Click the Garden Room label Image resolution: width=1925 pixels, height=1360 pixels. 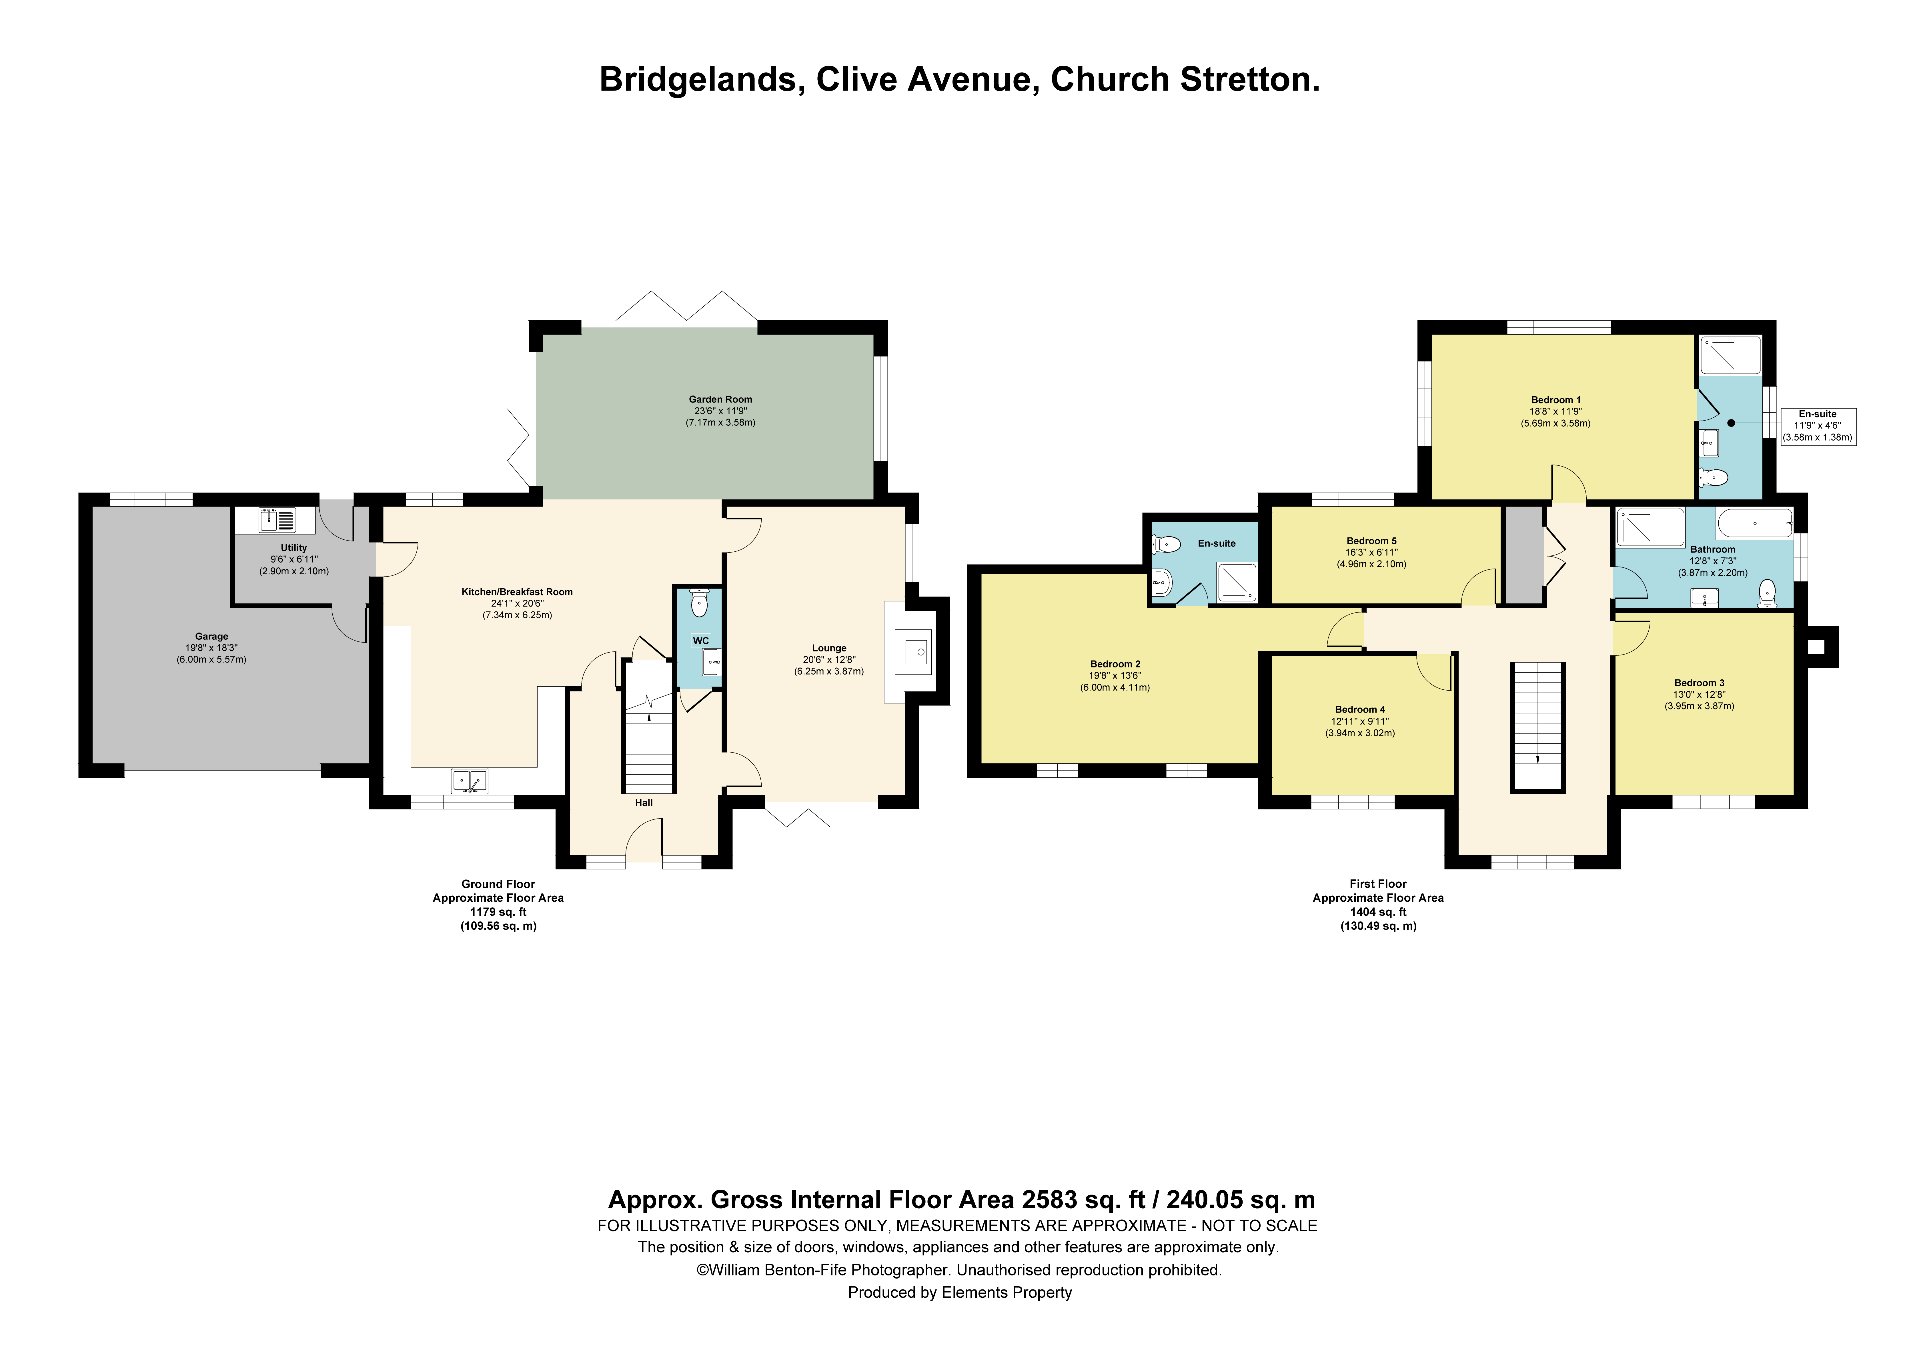(x=720, y=399)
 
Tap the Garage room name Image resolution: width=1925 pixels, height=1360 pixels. (x=211, y=636)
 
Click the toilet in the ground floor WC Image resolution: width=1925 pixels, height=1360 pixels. (x=699, y=603)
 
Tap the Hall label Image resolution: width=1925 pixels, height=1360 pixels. (x=644, y=802)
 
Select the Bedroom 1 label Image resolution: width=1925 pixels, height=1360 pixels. (x=1555, y=400)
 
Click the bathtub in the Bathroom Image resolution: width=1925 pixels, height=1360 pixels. (x=1755, y=523)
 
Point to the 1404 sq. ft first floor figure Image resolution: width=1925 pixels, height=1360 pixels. (x=1378, y=911)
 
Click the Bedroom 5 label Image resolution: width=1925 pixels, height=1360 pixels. (x=1372, y=541)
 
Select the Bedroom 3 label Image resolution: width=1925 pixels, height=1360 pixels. (x=1700, y=683)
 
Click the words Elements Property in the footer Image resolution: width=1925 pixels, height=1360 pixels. (x=1007, y=1292)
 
